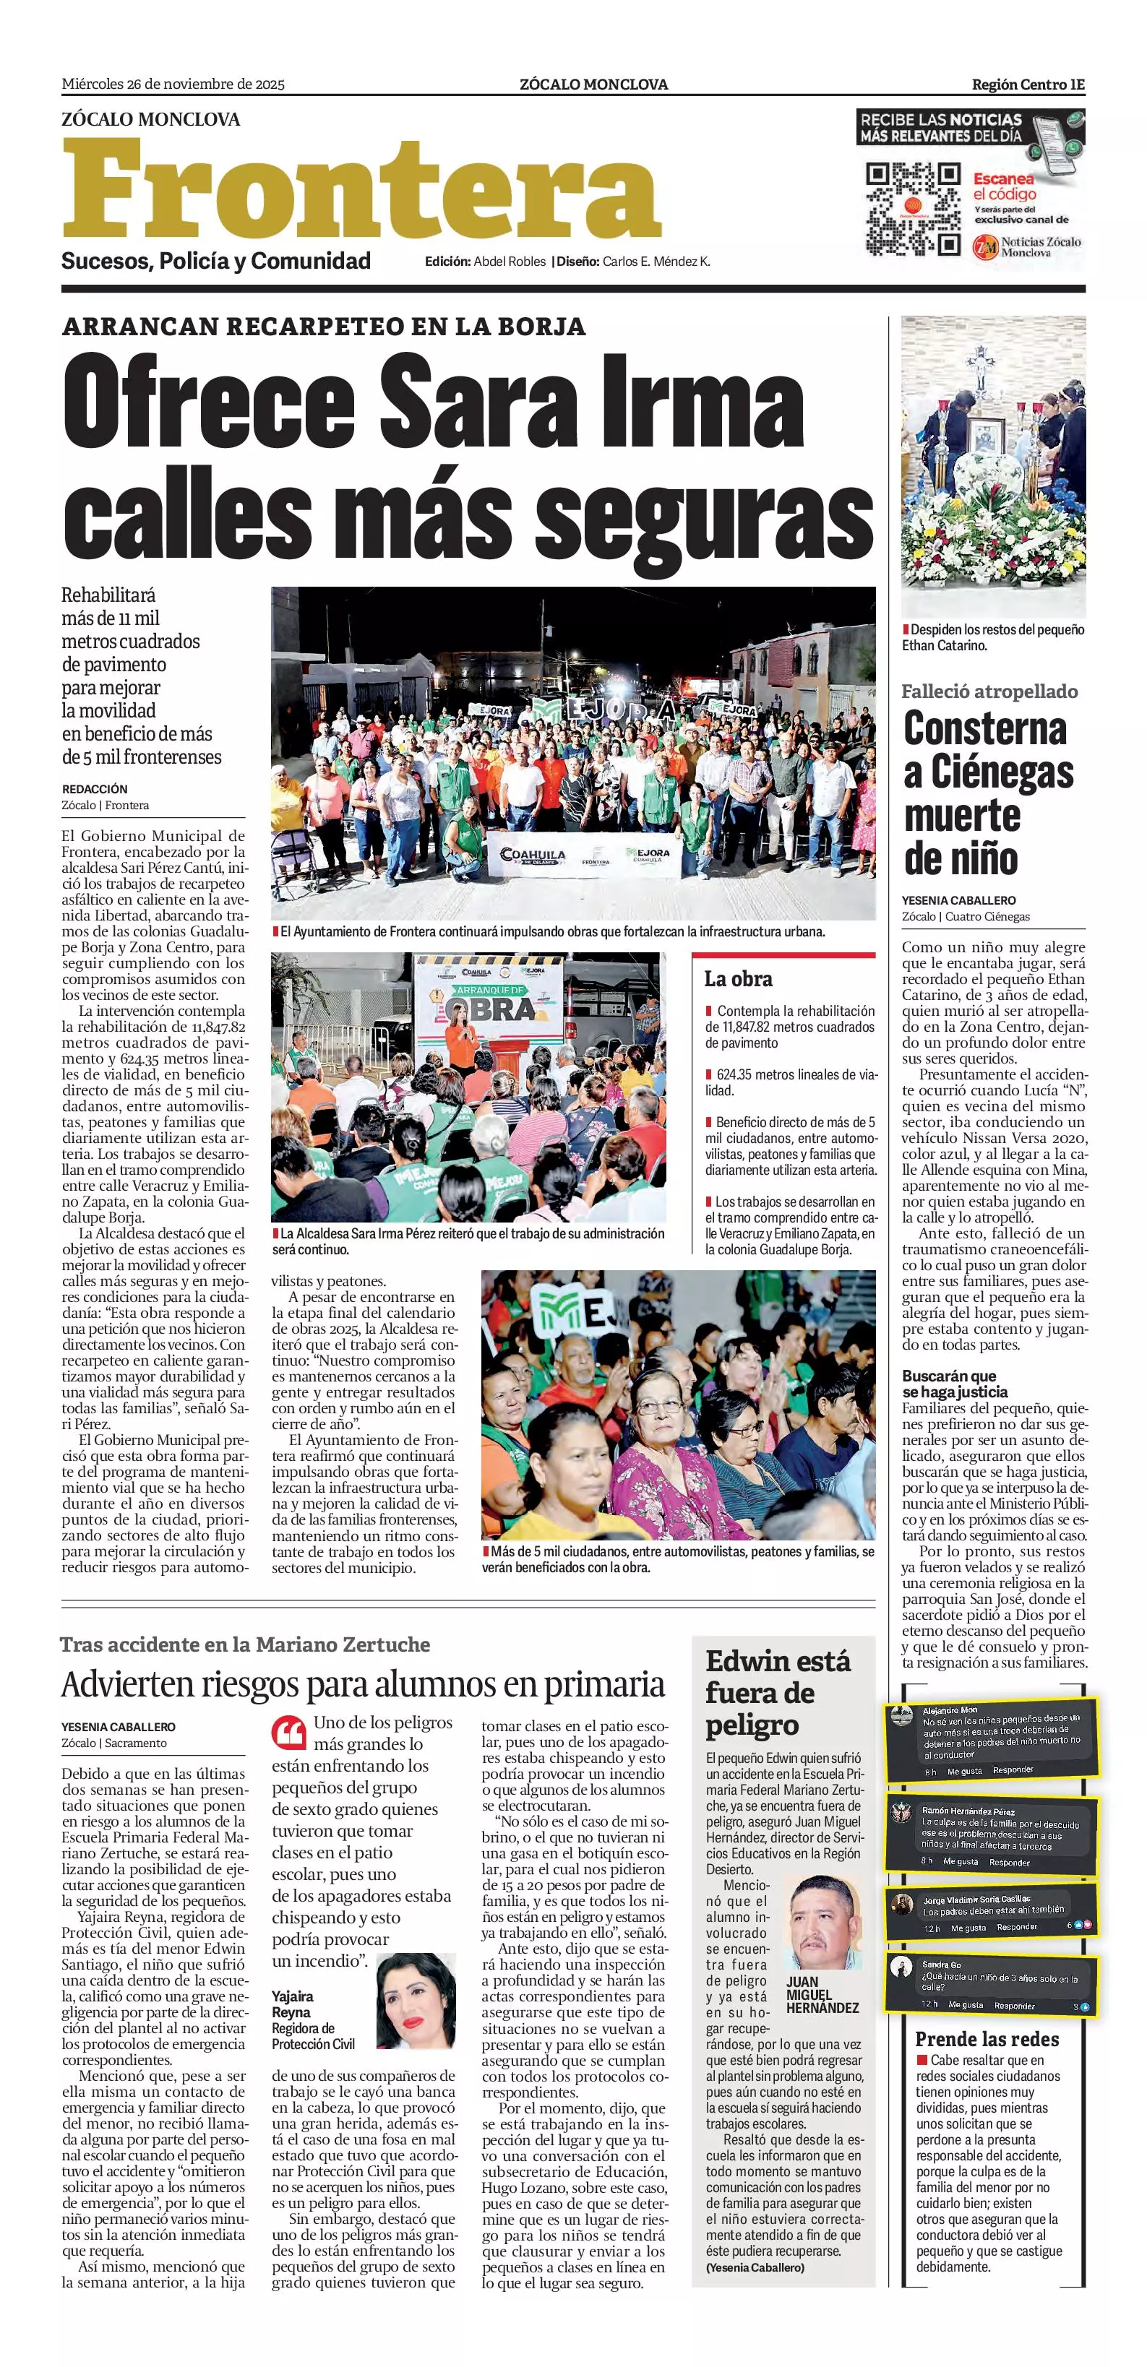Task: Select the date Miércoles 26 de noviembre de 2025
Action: coord(173,85)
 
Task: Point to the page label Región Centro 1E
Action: coord(1028,85)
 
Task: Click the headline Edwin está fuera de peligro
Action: coord(778,1693)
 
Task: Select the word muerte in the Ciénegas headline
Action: coord(962,816)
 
